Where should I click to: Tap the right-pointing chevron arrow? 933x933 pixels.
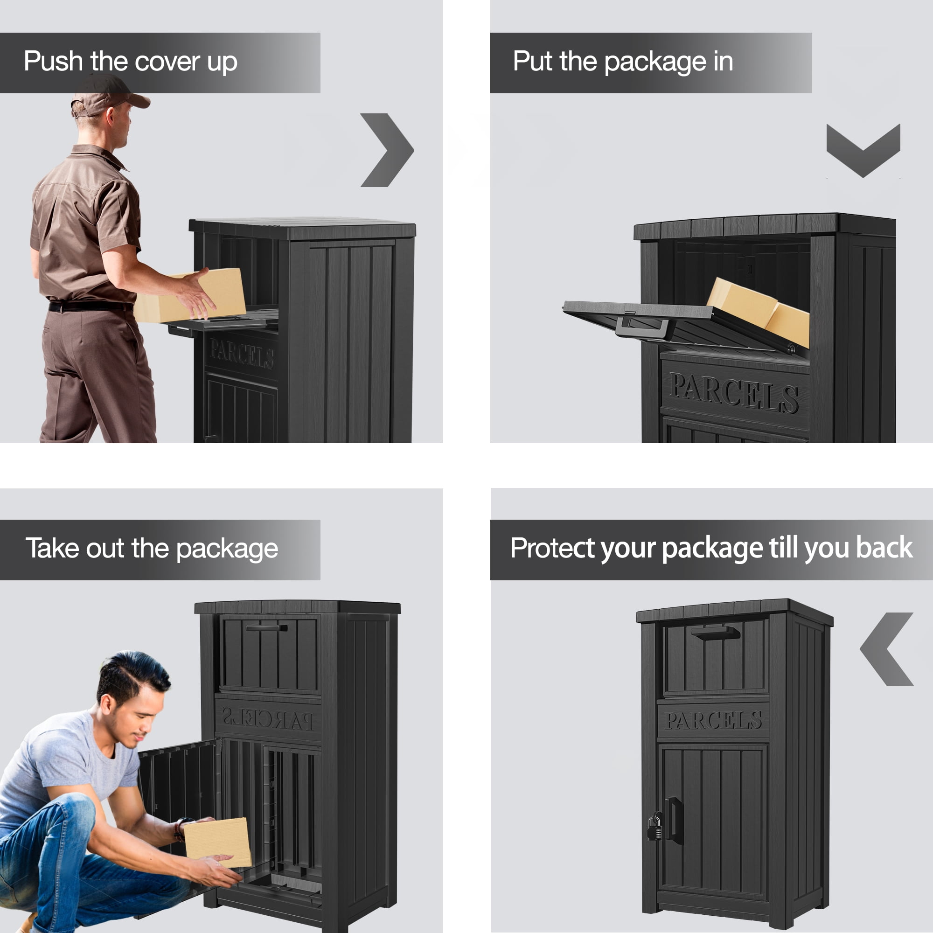coord(387,150)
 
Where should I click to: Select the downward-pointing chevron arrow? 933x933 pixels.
coord(863,150)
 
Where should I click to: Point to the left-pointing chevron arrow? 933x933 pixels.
coord(887,649)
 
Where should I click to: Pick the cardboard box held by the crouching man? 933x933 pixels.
coord(218,842)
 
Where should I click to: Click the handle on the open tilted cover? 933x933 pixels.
coord(642,327)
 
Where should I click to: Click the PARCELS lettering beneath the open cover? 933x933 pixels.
coord(734,393)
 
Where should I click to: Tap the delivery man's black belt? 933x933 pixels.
coord(91,306)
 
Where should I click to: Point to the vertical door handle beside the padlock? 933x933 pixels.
coord(675,820)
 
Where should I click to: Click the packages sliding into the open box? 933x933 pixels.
coord(758,311)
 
